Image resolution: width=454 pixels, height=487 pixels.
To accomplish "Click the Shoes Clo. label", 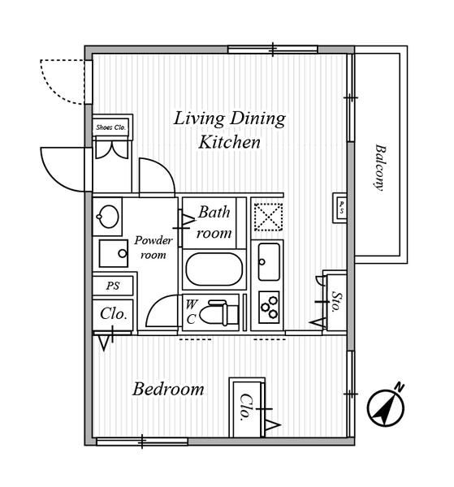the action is (x=110, y=127).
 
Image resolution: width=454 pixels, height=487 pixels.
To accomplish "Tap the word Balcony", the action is (x=379, y=167).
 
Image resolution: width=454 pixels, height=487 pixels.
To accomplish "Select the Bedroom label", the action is (x=168, y=389).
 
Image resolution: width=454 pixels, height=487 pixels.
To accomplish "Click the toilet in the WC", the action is (x=218, y=312).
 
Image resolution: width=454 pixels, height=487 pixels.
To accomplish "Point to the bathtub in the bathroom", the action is (x=214, y=269).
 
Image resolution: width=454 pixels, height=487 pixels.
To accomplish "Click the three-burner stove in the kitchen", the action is (x=269, y=307).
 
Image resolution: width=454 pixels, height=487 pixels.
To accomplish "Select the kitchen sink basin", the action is (x=269, y=262).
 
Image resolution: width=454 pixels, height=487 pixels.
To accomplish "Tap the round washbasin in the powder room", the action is (x=108, y=217).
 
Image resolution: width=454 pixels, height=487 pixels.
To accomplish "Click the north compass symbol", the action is (x=387, y=407).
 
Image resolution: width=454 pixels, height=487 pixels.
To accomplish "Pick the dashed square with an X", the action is (x=269, y=217).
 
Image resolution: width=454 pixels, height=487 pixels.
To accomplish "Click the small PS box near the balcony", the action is (x=340, y=208).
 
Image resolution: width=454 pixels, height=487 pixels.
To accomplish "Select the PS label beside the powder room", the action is (x=113, y=286).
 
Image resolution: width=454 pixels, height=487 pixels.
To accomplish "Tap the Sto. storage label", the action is (x=335, y=302).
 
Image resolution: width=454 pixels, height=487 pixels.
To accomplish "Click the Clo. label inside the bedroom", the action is (x=245, y=407).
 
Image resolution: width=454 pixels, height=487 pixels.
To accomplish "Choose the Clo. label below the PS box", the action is (x=114, y=314).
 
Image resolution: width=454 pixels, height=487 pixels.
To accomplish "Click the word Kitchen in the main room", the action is (x=229, y=142).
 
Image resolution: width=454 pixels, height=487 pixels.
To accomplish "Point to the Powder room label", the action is (x=153, y=248).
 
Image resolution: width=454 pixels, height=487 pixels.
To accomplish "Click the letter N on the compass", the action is (x=400, y=387).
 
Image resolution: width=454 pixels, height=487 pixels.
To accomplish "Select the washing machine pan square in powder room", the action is (x=114, y=253).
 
